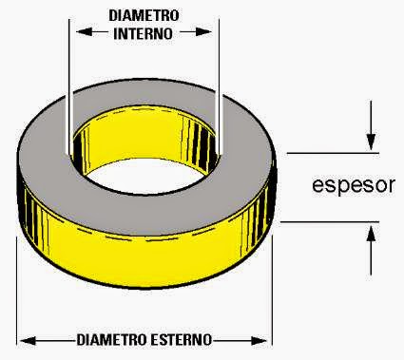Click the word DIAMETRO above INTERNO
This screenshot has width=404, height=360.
tap(144, 15)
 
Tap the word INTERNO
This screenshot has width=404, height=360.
tap(143, 33)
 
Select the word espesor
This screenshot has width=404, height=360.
tap(354, 185)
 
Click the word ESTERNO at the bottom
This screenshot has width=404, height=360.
tap(181, 340)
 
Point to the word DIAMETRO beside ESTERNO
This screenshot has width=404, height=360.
tap(112, 340)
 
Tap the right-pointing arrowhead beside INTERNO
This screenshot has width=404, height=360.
tap(203, 32)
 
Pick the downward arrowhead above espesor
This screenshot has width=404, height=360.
tap(371, 142)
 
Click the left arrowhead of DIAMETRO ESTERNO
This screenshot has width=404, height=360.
tap(28, 341)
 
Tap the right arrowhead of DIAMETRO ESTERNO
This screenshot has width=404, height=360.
tap(259, 341)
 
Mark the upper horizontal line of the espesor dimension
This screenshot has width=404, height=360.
tap(333, 153)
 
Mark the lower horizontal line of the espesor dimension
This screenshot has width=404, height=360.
tap(330, 222)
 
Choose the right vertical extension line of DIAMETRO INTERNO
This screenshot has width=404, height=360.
tap(219, 85)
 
